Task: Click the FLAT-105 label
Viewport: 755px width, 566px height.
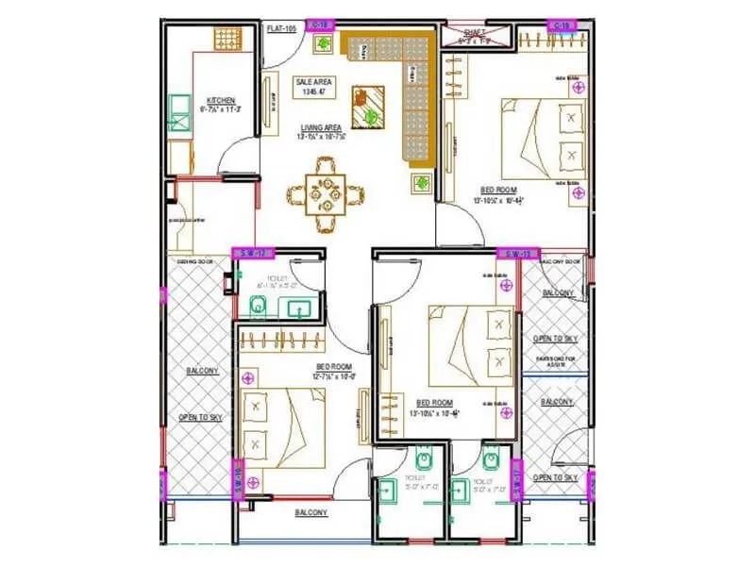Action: pos(282,29)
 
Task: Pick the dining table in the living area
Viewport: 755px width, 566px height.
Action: pos(326,195)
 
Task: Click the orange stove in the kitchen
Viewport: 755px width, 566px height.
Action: pos(227,39)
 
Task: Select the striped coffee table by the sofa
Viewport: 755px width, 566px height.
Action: pos(369,106)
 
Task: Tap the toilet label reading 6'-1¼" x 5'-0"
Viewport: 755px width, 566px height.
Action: pos(277,283)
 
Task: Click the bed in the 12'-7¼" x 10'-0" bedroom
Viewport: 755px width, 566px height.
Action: pos(273,426)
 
